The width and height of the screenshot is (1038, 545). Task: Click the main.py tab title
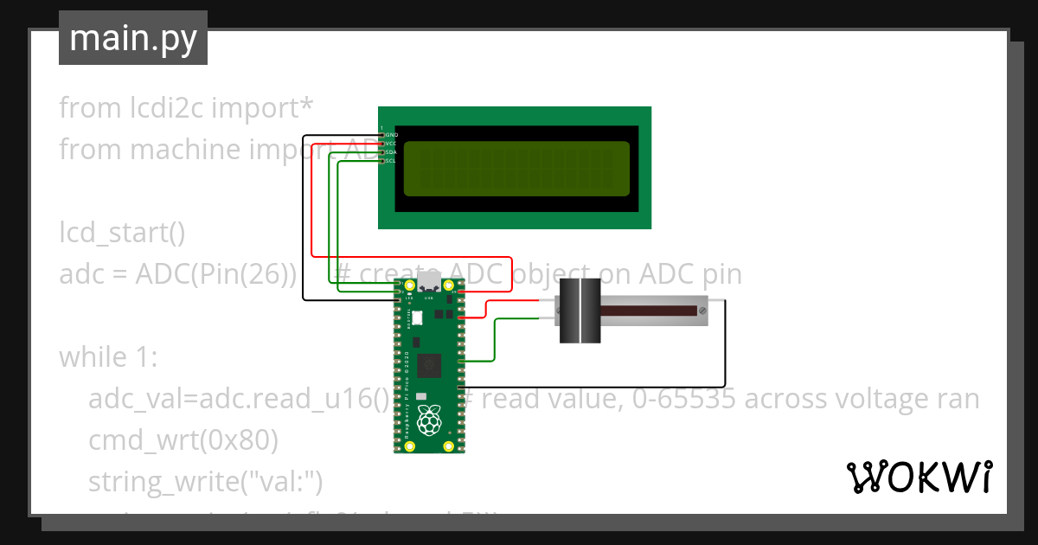click(132, 38)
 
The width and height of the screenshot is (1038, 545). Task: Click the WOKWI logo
click(919, 477)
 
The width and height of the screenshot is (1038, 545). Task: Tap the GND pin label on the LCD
click(391, 135)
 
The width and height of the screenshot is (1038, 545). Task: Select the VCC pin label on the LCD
click(391, 144)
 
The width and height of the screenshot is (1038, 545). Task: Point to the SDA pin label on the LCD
click(391, 152)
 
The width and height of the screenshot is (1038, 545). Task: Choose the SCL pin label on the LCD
click(391, 161)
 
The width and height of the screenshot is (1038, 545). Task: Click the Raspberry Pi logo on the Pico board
click(429, 421)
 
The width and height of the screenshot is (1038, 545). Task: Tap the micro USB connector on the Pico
click(429, 286)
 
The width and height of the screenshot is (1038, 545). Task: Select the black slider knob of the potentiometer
click(578, 311)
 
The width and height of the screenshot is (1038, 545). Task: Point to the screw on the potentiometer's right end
click(702, 309)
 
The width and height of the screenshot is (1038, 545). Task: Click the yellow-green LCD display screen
click(516, 168)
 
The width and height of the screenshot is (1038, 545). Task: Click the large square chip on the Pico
click(430, 366)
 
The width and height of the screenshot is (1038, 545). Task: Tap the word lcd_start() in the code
click(122, 233)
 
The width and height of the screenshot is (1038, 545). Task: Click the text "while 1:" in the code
click(107, 357)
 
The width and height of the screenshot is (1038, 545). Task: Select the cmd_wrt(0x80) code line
click(183, 440)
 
